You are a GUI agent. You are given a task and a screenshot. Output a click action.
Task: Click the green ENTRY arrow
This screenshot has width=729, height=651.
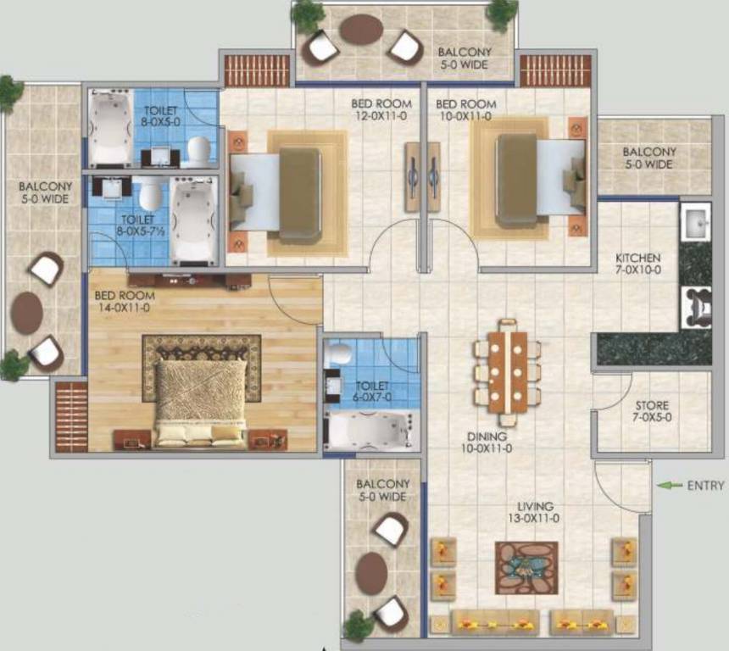(669, 485)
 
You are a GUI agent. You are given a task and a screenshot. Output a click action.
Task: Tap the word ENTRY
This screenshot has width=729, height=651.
(705, 486)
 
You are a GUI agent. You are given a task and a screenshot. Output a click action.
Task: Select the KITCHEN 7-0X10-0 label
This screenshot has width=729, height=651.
(637, 264)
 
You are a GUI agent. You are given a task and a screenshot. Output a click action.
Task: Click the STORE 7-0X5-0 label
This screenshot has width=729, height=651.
(652, 411)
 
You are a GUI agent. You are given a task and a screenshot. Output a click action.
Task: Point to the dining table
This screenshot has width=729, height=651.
(507, 372)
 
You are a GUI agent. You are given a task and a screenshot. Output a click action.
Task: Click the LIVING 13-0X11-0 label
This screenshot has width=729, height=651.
(534, 512)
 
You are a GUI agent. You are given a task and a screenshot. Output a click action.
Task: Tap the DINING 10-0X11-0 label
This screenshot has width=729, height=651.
(487, 442)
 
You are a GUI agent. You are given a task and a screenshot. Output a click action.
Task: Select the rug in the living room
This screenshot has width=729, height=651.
(526, 568)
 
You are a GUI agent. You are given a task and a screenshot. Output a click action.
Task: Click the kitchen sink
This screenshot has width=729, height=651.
(696, 222)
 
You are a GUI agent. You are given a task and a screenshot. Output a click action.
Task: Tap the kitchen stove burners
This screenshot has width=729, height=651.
(697, 307)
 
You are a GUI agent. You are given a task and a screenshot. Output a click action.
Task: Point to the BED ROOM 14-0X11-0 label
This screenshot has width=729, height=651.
(124, 301)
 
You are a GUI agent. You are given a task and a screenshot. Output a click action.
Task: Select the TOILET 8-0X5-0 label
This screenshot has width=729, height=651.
(160, 116)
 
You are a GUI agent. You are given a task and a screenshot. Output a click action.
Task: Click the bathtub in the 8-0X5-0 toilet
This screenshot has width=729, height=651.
(110, 127)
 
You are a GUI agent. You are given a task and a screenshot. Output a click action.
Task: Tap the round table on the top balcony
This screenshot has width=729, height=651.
(361, 30)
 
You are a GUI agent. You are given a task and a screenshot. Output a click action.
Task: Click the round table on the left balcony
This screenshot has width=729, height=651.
(27, 313)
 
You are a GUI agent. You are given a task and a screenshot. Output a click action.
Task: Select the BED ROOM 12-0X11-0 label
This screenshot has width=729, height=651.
(381, 109)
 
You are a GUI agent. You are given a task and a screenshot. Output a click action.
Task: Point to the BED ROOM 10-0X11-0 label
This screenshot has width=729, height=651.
(466, 110)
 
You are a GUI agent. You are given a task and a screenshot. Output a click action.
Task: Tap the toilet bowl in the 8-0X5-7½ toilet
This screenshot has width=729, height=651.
(150, 194)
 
